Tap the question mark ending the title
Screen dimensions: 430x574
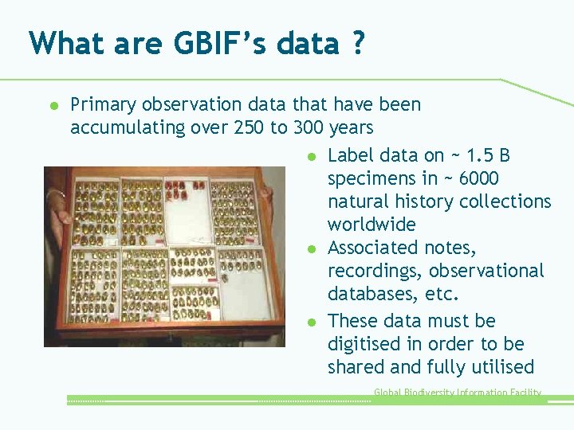(x=357, y=43)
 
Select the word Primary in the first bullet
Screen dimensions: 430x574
(x=102, y=104)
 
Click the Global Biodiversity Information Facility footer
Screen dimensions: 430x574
(x=458, y=393)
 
